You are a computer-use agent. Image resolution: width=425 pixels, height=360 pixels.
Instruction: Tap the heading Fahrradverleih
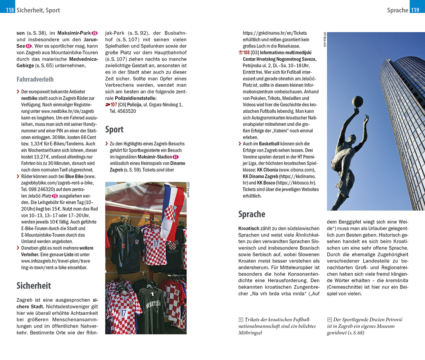pyautogui.click(x=35, y=79)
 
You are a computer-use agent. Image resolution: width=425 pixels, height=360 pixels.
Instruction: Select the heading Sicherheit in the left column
pyautogui.click(x=33, y=285)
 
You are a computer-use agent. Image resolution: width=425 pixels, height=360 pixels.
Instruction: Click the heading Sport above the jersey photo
pyautogui.click(x=114, y=129)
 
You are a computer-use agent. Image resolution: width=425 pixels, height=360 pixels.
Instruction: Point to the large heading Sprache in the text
pyautogui.click(x=252, y=214)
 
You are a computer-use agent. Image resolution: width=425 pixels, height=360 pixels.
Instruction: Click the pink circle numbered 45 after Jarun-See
pyautogui.click(x=29, y=46)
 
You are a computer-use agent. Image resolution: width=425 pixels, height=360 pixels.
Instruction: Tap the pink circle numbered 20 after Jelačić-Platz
pyautogui.click(x=54, y=196)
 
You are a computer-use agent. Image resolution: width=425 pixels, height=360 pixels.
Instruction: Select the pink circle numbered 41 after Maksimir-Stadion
pyautogui.click(x=176, y=157)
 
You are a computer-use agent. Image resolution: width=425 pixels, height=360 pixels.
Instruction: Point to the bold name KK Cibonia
pyautogui.click(x=268, y=170)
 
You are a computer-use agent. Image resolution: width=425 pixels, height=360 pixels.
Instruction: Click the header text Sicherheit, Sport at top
pyautogui.click(x=38, y=10)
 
